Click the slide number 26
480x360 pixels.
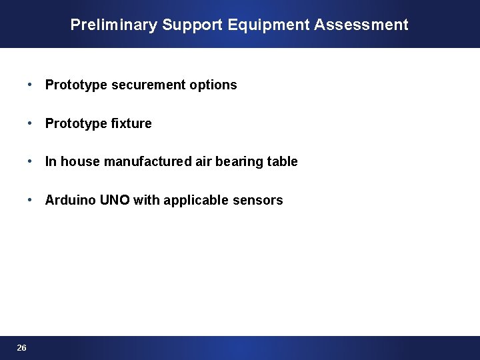22,348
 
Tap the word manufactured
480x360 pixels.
148,162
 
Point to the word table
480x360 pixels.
282,162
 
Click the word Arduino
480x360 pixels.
71,201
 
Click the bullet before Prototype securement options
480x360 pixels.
31,85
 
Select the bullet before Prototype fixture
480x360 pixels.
31,123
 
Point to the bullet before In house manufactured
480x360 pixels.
31,162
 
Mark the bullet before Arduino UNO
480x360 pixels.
31,201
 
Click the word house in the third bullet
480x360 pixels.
80,162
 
